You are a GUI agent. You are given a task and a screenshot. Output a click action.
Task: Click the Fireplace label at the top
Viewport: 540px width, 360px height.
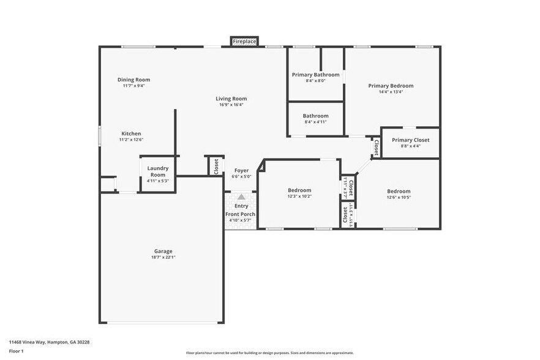point(244,42)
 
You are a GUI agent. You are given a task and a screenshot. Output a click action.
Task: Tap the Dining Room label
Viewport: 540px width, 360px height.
point(133,80)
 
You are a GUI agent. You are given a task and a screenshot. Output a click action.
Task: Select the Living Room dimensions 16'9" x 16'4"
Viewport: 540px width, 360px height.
point(231,105)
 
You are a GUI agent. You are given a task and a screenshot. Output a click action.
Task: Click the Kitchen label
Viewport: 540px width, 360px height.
point(131,133)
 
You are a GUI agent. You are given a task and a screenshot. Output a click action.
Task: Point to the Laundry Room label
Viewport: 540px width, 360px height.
point(158,171)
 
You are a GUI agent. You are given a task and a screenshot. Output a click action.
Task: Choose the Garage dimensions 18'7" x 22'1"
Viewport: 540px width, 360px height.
point(163,257)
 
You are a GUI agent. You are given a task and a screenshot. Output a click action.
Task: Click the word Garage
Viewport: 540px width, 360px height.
point(163,251)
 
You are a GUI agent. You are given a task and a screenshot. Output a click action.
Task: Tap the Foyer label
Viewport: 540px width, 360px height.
point(241,171)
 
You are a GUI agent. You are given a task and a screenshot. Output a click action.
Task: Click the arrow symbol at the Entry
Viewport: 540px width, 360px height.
point(241,197)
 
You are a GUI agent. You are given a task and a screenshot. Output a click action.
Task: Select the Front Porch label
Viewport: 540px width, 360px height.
point(241,214)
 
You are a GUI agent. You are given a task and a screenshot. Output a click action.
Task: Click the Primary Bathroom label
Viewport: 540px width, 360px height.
point(315,75)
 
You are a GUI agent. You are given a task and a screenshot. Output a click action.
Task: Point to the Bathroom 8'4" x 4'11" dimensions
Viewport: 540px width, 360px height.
point(315,122)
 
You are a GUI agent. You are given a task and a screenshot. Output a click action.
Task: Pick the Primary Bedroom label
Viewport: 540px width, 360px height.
point(391,86)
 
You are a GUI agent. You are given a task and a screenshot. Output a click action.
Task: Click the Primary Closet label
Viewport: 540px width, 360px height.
point(410,140)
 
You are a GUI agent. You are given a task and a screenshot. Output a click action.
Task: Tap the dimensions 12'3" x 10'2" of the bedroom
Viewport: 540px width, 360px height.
point(299,197)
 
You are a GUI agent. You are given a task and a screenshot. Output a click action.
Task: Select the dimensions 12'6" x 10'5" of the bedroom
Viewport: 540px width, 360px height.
point(399,197)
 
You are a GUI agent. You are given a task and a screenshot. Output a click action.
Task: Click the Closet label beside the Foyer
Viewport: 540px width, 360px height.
point(216,166)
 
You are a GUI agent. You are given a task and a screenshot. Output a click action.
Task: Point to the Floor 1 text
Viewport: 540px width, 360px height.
point(16,351)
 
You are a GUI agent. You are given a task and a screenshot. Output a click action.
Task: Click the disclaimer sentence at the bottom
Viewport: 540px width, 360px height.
point(270,353)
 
